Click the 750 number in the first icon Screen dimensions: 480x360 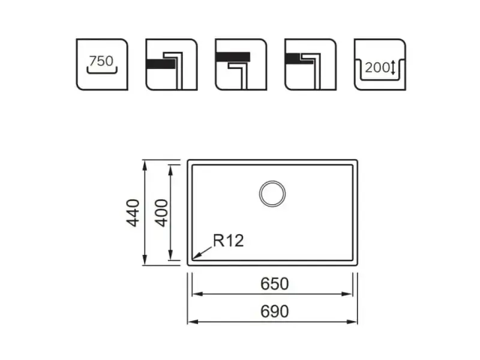(x=101, y=61)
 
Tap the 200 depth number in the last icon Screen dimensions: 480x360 (x=377, y=68)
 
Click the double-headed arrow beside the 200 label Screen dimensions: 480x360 (x=394, y=68)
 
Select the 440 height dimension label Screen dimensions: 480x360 (x=133, y=213)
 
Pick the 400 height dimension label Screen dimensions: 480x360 (x=161, y=213)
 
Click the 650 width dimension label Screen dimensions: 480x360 (x=275, y=284)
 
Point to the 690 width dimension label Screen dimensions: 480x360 (x=275, y=311)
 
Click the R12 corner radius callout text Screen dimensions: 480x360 (x=229, y=241)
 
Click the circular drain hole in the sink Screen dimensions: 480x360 (x=272, y=194)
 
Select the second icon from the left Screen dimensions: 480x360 (x=172, y=65)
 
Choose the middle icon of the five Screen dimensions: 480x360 (x=241, y=65)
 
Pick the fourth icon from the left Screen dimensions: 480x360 (x=310, y=65)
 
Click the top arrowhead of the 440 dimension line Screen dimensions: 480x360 (x=145, y=166)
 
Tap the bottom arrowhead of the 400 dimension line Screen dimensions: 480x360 (x=171, y=255)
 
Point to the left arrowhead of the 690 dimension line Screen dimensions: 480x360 (x=193, y=322)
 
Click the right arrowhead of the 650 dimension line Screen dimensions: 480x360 (x=347, y=294)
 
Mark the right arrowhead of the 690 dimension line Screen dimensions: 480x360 (x=352, y=322)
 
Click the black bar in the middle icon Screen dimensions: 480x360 (x=233, y=57)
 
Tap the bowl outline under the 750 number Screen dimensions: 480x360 (x=102, y=72)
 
